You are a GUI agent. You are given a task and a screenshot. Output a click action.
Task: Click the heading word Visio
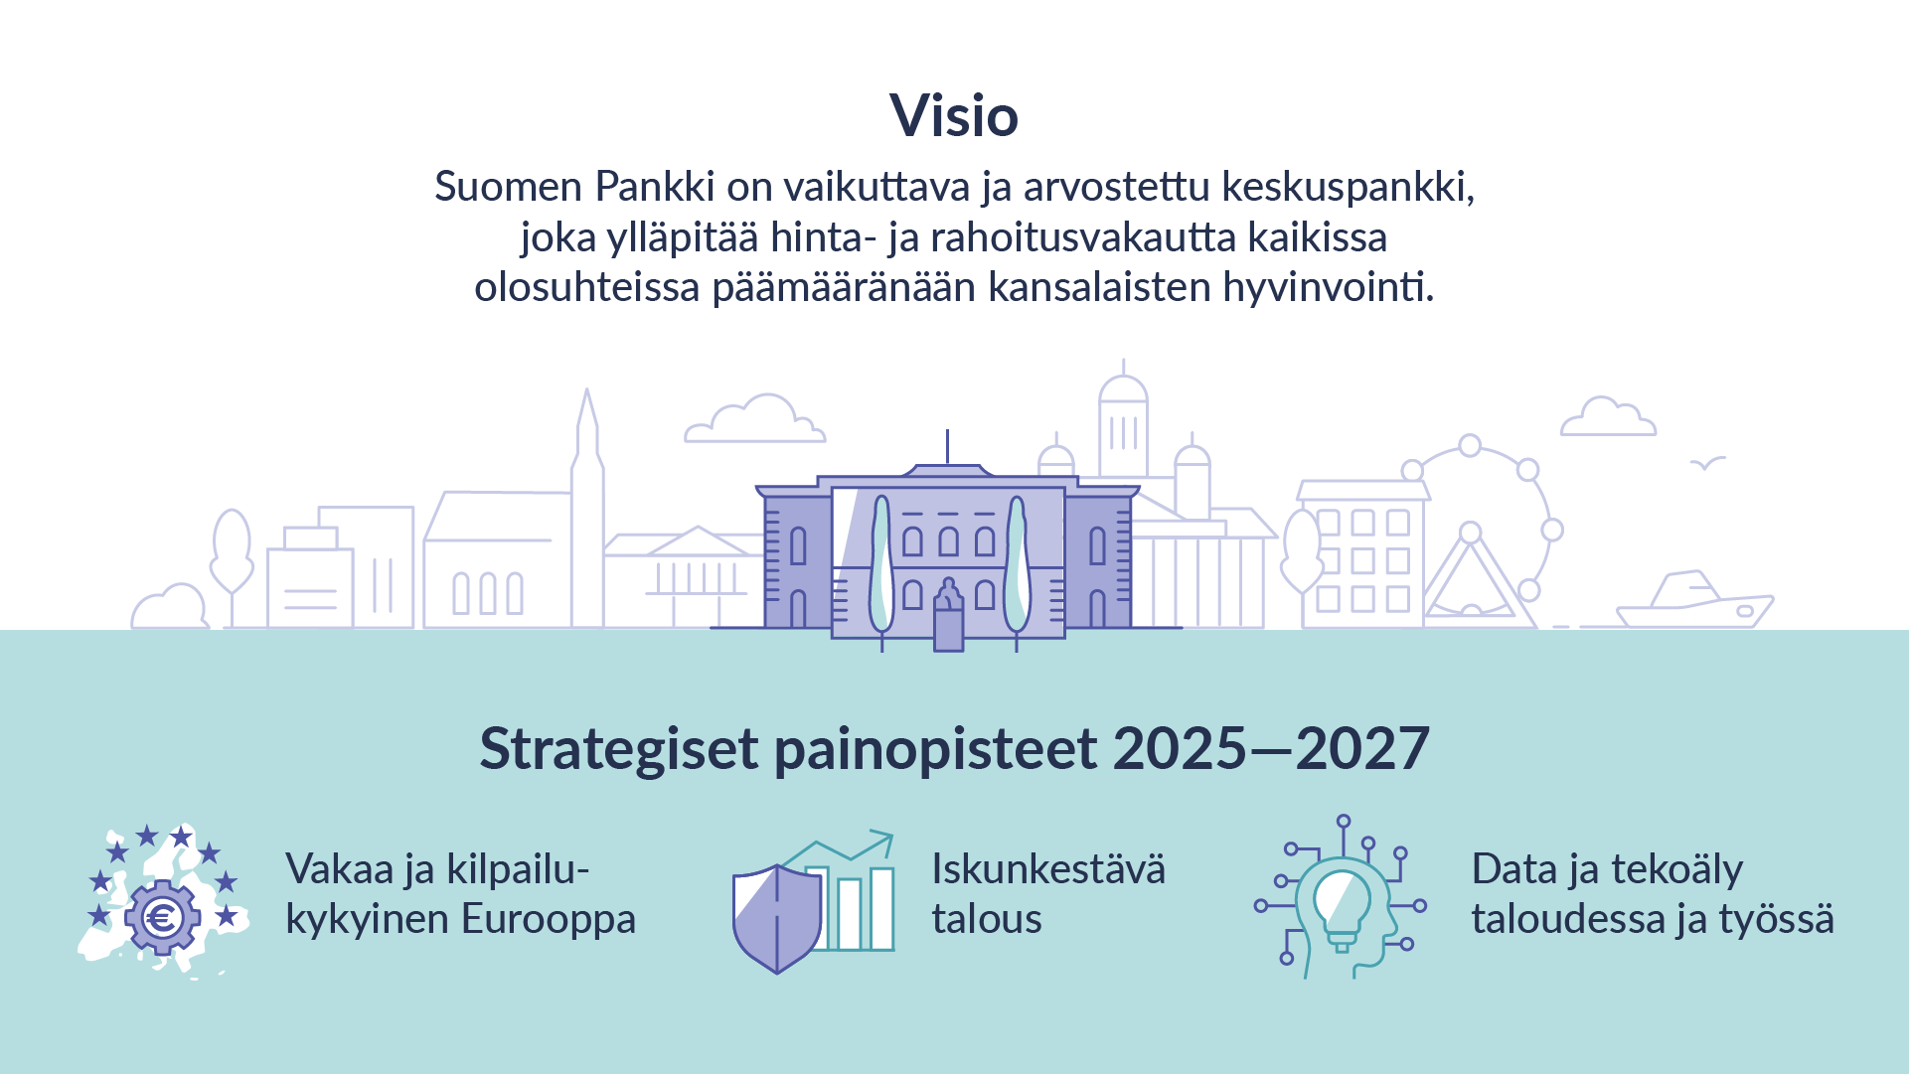954,115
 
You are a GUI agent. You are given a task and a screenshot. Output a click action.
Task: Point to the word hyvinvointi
1329,287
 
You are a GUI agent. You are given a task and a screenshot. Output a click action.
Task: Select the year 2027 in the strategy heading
1362,748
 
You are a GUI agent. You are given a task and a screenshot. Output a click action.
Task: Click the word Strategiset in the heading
619,749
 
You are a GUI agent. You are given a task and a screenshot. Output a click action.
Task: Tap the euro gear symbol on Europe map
161,917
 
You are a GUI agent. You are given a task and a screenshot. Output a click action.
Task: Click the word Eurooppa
549,919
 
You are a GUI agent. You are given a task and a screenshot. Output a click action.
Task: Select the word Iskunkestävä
1048,869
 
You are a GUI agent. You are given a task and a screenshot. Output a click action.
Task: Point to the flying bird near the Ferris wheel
1708,463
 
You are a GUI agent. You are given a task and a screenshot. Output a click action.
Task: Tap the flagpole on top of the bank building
947,446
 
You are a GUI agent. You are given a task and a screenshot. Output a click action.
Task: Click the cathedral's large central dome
1123,389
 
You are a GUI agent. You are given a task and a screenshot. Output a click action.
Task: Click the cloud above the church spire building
754,419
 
